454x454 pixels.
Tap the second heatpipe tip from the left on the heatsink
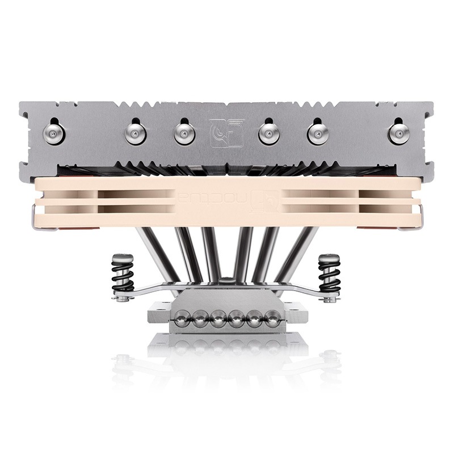pos(136,133)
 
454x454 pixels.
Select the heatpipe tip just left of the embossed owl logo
pos(184,133)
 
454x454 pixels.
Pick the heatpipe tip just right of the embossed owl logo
pos(269,133)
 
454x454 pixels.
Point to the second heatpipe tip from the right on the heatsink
pos(318,133)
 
